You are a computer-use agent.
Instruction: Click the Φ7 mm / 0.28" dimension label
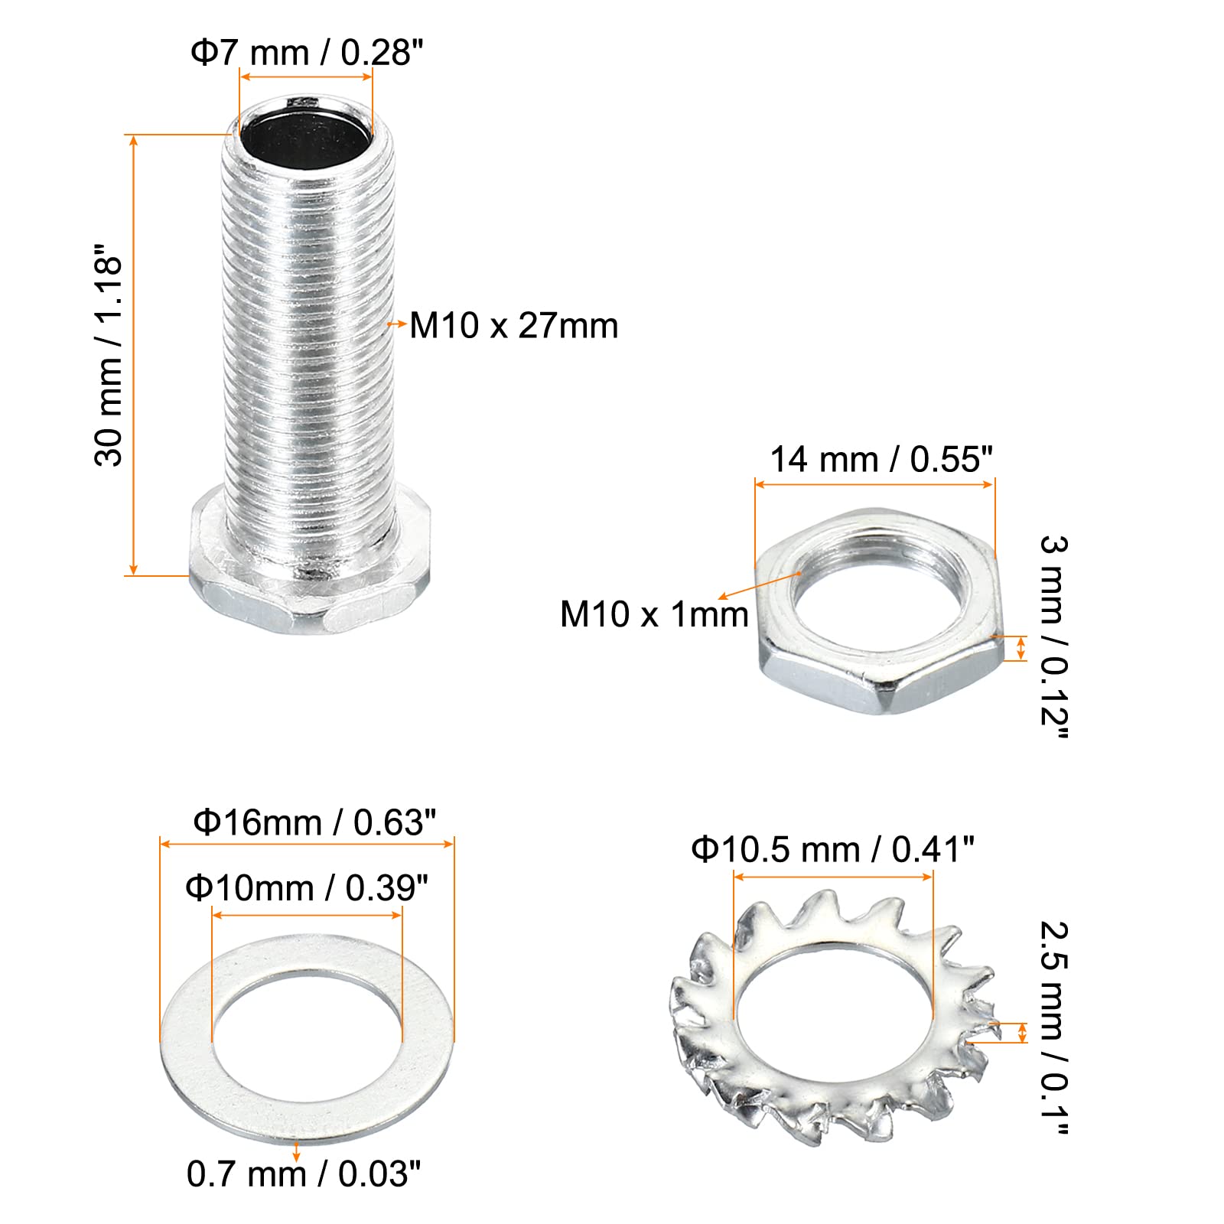307,53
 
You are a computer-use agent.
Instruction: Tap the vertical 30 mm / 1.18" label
109,355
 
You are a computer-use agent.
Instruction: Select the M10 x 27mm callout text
514,326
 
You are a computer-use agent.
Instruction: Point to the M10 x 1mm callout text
654,614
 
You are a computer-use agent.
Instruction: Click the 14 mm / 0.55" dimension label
881,460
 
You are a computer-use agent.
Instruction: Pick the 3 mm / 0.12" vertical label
1053,637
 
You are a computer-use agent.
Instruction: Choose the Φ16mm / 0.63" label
314,822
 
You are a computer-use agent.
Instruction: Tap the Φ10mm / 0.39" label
307,887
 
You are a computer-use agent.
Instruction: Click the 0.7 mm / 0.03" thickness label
304,1174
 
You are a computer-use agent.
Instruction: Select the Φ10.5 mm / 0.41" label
832,849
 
